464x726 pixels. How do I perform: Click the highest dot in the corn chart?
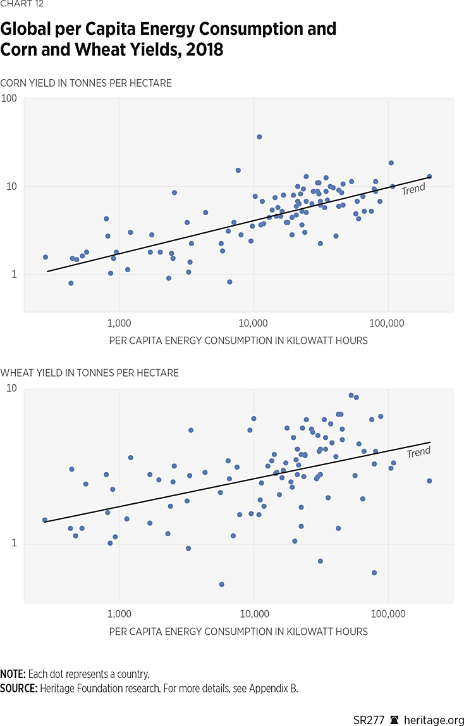coord(259,137)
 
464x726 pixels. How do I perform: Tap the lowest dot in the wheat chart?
coord(221,584)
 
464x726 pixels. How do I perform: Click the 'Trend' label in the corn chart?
coord(413,189)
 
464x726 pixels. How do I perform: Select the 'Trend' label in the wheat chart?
coord(418,453)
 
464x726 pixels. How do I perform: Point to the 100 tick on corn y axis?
coord(9,99)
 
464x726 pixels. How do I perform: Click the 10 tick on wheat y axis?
coord(11,388)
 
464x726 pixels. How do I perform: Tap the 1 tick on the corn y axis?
coord(14,275)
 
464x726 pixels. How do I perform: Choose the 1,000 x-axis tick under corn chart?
coord(119,323)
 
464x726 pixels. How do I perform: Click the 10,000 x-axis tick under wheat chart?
coord(253,615)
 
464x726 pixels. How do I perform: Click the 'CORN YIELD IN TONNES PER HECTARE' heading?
coord(86,84)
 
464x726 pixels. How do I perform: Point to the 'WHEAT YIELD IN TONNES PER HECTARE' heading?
coord(90,373)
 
